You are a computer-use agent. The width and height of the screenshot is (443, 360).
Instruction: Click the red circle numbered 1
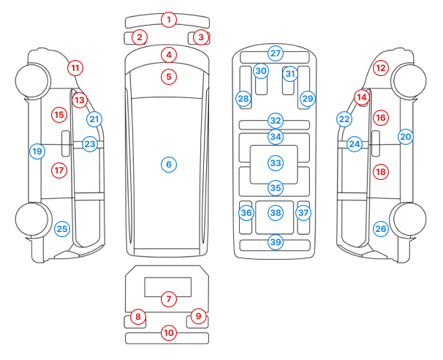[x=169, y=19]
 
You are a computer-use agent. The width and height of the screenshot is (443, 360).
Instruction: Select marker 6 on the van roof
[x=168, y=165]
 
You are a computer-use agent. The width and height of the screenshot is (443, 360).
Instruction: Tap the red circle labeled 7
[x=169, y=299]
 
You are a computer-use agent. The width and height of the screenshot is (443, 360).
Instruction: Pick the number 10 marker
[x=169, y=333]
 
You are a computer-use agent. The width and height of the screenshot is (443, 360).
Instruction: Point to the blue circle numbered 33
[x=275, y=162]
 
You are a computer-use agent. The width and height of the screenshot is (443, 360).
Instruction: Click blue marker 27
[x=275, y=53]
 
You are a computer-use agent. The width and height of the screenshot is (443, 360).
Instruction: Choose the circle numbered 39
[x=275, y=241]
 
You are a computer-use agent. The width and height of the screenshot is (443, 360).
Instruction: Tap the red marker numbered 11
[x=75, y=67]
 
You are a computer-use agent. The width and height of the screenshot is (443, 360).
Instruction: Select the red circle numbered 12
[x=380, y=67]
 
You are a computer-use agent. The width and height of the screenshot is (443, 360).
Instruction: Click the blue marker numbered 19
[x=37, y=151]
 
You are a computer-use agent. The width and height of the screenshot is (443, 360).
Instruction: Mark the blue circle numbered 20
[x=406, y=136]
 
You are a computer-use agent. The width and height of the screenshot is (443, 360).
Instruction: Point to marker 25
[x=62, y=229]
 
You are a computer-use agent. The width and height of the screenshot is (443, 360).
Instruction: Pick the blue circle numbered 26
[x=380, y=229]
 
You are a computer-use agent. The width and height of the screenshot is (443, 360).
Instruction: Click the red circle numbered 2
[x=140, y=37]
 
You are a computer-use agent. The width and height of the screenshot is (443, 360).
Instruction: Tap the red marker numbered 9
[x=197, y=316]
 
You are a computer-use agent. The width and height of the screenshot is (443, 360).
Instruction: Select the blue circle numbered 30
[x=261, y=71]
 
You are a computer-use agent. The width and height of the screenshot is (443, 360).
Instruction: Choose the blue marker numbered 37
[x=303, y=213]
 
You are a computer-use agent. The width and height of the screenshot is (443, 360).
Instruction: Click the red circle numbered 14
[x=361, y=97]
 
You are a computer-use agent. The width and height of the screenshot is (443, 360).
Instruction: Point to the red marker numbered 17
[x=59, y=170]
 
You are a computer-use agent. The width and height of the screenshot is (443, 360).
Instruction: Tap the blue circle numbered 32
[x=275, y=120]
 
